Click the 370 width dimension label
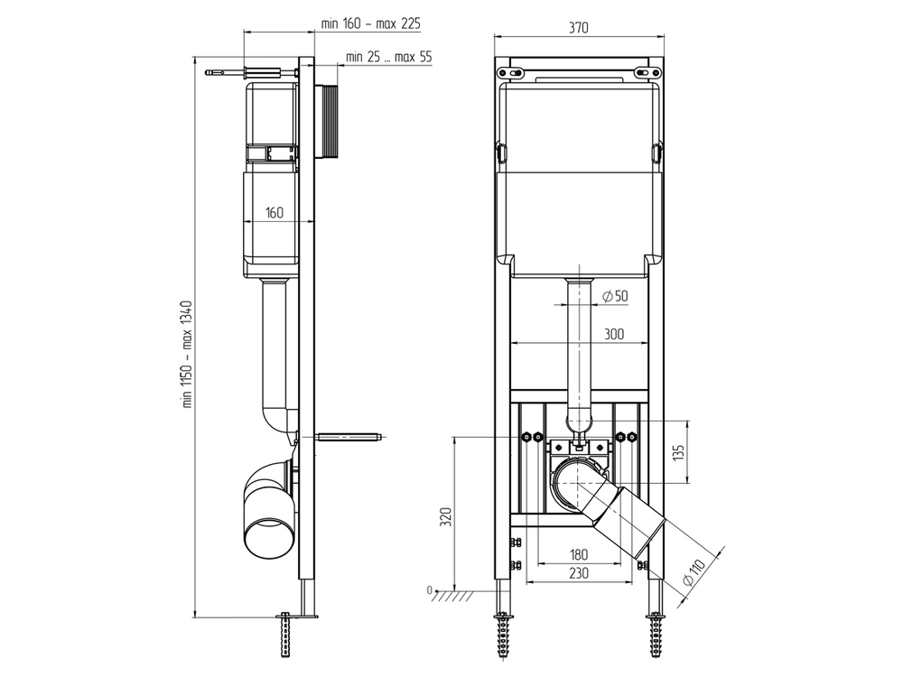pos(579,28)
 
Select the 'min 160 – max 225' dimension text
pos(370,23)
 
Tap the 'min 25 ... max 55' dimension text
pos(388,57)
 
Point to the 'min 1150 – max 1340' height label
pos(190,354)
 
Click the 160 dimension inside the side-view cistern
pos(275,212)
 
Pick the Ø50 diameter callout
pos(615,296)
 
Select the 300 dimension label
pos(614,334)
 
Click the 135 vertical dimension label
pos(679,452)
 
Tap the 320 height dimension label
pos(445,517)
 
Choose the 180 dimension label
pos(579,554)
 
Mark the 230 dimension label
pos(579,573)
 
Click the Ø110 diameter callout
pos(695,572)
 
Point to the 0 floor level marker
pos(429,590)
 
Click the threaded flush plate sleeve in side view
pos(330,122)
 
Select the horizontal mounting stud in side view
pos(349,436)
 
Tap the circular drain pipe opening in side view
pos(269,538)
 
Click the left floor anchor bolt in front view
pos(503,635)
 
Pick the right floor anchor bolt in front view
pos(656,635)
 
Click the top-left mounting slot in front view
pos(511,72)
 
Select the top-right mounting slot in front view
pos(647,72)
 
